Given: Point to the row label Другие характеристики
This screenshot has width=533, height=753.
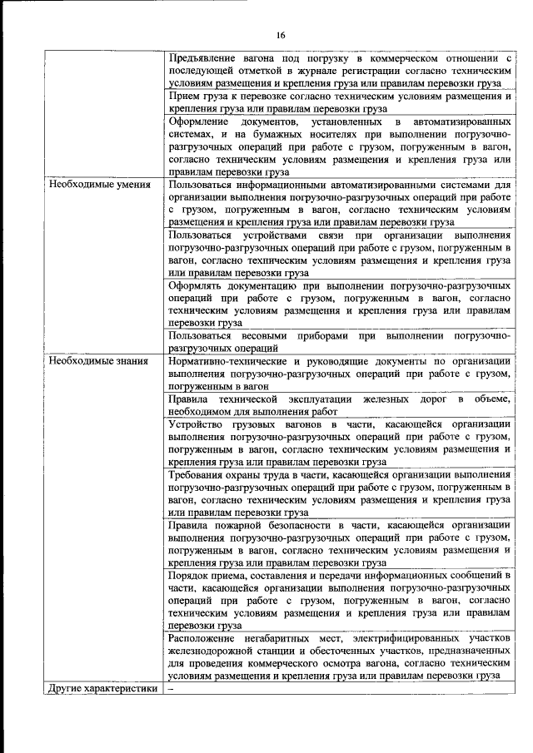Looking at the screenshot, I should pyautogui.click(x=102, y=688).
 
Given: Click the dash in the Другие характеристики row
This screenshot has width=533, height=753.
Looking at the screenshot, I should pyautogui.click(x=172, y=688).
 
